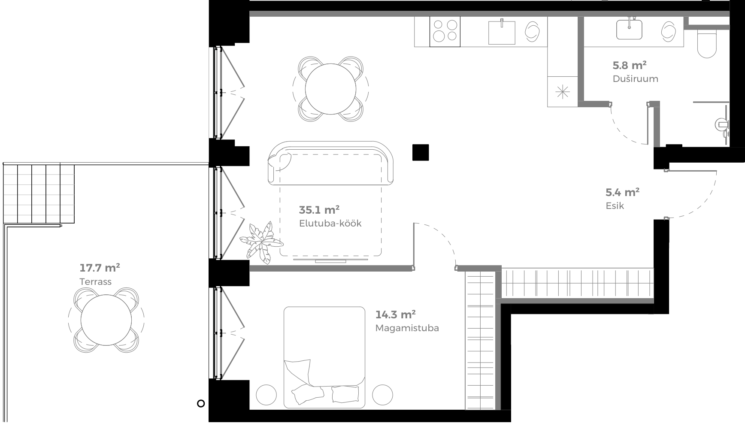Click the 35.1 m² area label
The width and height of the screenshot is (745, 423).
click(319, 210)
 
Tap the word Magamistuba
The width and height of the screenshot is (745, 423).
click(407, 328)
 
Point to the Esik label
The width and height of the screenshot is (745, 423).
click(615, 206)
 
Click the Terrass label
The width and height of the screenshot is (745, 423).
click(95, 282)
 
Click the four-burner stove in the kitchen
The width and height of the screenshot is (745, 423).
click(445, 31)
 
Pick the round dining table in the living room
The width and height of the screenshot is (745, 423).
click(330, 89)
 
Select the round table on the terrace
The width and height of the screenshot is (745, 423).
click(106, 319)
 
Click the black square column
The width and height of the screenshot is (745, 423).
click(421, 153)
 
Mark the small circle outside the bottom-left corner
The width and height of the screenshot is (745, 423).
click(200, 403)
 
